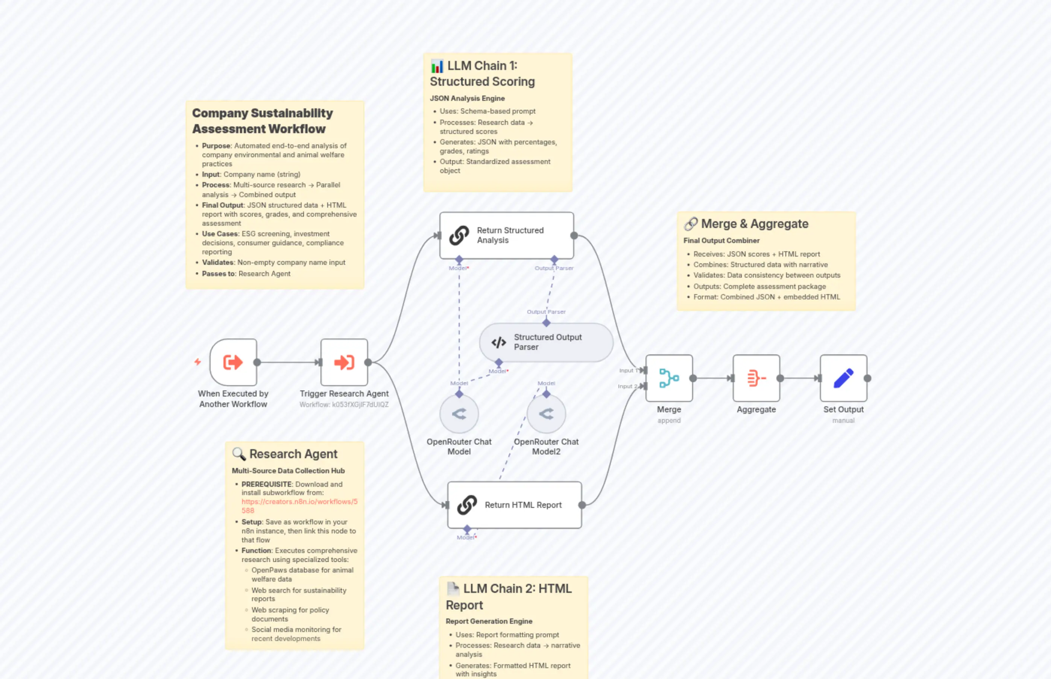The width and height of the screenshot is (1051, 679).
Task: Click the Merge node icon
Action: [669, 378]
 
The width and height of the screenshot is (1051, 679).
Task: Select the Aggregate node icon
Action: [756, 378]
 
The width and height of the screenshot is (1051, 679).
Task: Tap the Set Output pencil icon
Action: [843, 378]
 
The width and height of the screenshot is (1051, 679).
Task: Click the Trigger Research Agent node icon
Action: [344, 362]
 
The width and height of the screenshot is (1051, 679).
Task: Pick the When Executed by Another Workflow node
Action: [233, 362]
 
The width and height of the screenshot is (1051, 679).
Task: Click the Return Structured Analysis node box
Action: [506, 235]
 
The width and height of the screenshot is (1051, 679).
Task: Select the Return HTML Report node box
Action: [514, 505]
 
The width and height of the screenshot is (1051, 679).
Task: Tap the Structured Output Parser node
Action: [546, 342]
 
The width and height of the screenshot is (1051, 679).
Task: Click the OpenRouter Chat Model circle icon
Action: [459, 413]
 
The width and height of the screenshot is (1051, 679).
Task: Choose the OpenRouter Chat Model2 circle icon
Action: [546, 413]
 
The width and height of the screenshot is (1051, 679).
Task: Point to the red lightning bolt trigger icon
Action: [197, 362]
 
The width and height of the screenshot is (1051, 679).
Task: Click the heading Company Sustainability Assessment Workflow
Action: [262, 121]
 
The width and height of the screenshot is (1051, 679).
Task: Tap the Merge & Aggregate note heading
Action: [754, 224]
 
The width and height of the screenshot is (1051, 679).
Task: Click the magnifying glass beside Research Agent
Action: [238, 454]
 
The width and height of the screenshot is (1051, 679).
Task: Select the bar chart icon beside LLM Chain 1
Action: [436, 66]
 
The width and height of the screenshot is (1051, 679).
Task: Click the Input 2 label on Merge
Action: [627, 386]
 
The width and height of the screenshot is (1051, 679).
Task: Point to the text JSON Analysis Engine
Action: [467, 98]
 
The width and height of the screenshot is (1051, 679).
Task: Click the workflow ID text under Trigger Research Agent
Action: [344, 405]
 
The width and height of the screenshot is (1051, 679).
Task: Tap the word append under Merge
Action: [669, 421]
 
